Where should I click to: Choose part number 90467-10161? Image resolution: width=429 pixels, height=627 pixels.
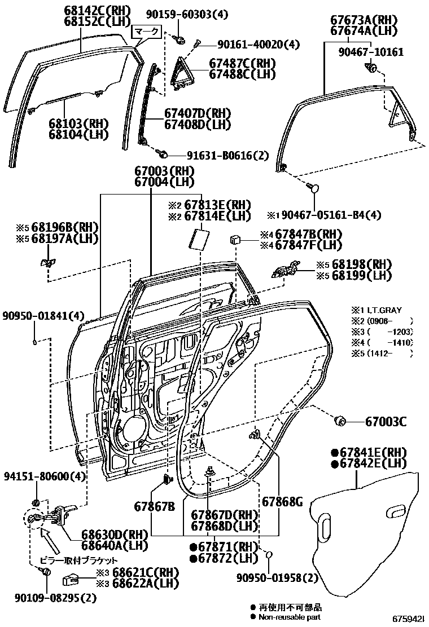(371, 52)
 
